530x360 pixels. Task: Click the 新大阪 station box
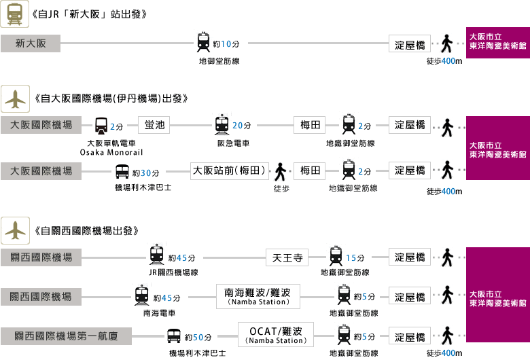point(31,44)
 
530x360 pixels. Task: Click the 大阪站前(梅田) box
point(230,170)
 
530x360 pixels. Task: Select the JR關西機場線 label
point(174,272)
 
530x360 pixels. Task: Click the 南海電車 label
point(159,314)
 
